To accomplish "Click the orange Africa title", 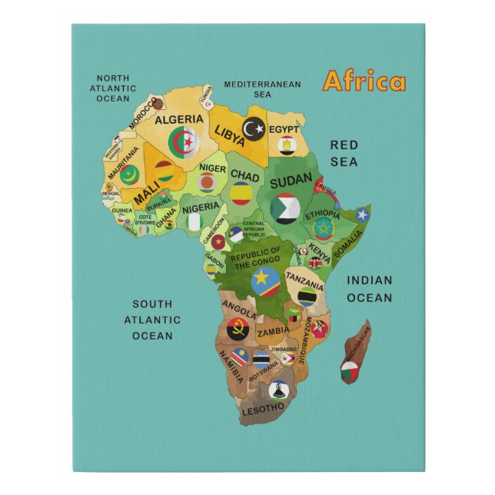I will (x=364, y=81).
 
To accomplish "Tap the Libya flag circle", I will (x=254, y=128).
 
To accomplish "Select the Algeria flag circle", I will (x=184, y=143).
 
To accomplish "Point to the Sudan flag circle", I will (x=285, y=207).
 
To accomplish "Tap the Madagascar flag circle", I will (x=350, y=373).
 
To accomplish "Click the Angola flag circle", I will (x=238, y=329).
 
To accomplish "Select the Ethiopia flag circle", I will (x=323, y=228).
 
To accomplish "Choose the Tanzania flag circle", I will (x=309, y=296).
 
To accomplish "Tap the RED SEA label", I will (x=344, y=153).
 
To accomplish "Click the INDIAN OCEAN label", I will (x=369, y=289).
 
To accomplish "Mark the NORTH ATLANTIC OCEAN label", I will (x=113, y=88).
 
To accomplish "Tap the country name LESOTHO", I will (x=263, y=410).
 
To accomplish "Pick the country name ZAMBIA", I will (x=274, y=332).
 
